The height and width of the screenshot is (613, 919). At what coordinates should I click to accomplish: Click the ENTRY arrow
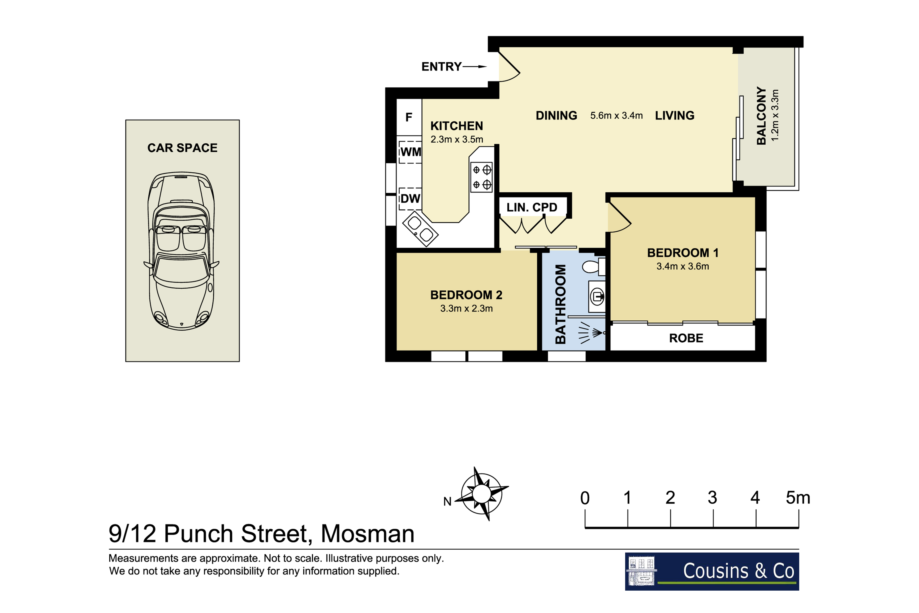475,66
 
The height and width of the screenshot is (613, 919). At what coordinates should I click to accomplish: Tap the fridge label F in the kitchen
409,117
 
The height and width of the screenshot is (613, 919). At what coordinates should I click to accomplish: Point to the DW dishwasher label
410,199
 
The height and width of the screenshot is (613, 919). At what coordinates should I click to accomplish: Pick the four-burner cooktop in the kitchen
481,177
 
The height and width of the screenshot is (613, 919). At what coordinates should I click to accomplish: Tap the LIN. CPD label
532,207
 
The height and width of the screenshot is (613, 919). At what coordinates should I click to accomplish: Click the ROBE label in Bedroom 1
686,338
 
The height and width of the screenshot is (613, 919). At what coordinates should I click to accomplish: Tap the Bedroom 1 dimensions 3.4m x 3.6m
683,266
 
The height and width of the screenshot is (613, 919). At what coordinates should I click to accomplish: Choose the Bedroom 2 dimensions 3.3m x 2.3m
467,308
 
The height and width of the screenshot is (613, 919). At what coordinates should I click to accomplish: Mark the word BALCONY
761,116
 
